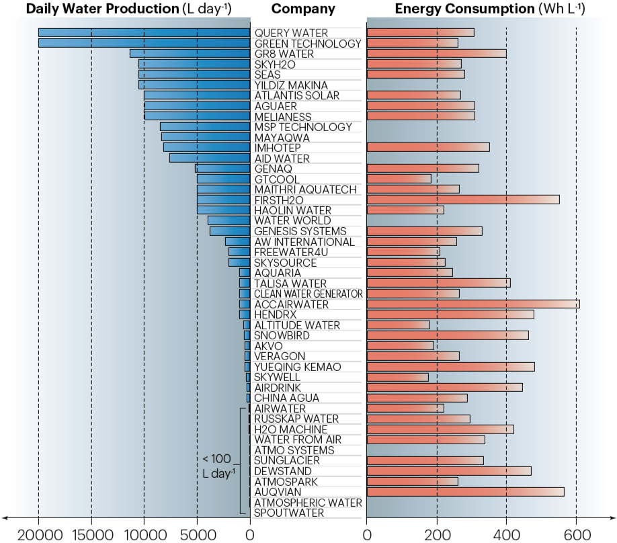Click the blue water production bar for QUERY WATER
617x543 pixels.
(144, 33)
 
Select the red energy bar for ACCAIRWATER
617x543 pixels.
(472, 304)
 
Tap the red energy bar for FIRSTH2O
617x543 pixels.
(462, 200)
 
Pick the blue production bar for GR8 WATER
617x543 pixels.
(190, 54)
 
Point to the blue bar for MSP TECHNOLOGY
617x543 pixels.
(205, 127)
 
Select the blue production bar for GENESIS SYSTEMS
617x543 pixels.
(230, 231)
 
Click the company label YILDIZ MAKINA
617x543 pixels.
(291, 85)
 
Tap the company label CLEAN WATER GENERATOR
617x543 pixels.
(308, 294)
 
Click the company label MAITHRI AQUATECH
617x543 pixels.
(305, 190)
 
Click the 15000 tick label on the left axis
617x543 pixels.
(91, 535)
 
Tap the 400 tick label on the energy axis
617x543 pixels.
(506, 535)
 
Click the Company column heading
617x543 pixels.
(303, 9)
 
